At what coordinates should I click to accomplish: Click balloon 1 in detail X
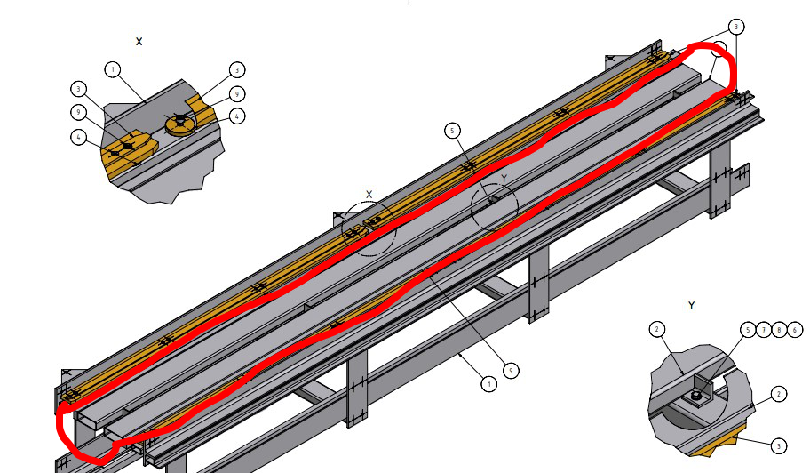tap(112, 68)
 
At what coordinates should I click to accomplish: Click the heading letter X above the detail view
tap(139, 42)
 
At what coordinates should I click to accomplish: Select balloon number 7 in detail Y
tap(764, 329)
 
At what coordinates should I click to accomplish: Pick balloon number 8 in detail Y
tap(779, 329)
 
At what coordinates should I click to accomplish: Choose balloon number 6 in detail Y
tap(794, 329)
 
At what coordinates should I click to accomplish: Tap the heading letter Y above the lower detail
tap(692, 306)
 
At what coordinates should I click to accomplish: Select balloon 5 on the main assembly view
tap(453, 132)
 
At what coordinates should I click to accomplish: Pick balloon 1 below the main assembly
tap(488, 384)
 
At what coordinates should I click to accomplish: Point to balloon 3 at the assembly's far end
tap(735, 27)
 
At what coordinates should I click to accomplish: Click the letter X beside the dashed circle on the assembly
tap(369, 194)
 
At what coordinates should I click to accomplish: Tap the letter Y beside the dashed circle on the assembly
tap(504, 179)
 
